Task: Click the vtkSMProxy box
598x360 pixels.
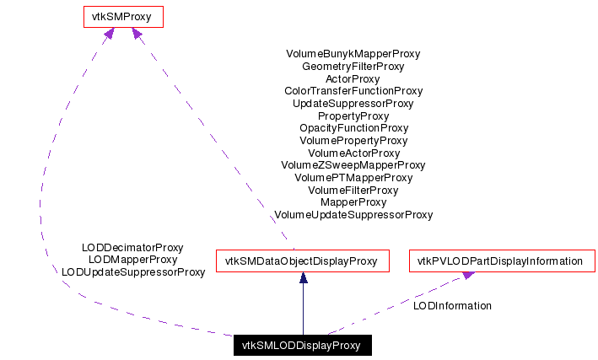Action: click(122, 16)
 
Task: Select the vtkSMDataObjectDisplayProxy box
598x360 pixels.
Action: click(302, 261)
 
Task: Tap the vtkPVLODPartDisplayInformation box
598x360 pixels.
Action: click(502, 261)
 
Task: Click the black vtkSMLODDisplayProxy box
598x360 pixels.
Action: click(301, 346)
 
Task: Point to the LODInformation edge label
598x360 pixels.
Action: click(452, 306)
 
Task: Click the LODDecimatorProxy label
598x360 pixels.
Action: click(132, 248)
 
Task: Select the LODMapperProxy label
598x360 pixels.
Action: click(132, 260)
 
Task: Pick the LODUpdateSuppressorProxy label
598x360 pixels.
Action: click(133, 272)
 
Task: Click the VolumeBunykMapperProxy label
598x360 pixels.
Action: click(353, 54)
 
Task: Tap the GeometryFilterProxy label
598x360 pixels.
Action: click(353, 66)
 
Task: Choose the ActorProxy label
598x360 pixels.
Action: click(353, 78)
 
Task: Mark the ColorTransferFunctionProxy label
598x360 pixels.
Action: click(353, 91)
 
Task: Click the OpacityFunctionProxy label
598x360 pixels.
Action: click(353, 128)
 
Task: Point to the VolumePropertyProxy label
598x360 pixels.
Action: click(353, 141)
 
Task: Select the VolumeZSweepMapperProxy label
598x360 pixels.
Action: click(353, 165)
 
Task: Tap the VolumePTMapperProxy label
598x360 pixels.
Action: click(353, 178)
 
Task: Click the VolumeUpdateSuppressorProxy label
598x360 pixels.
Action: click(353, 215)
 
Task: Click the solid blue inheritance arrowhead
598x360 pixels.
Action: click(302, 278)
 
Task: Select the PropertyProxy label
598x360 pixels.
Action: click(353, 116)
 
